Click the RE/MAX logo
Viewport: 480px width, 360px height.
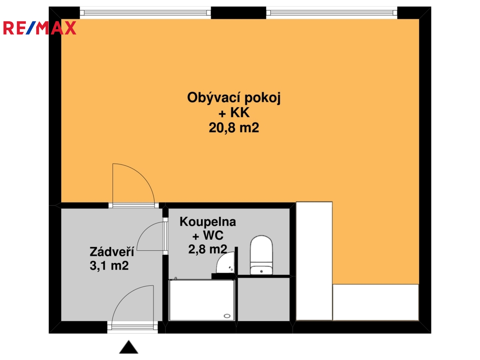[x=40, y=28]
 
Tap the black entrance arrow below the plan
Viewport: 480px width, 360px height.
[x=129, y=347]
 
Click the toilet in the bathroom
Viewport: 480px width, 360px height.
[x=261, y=255]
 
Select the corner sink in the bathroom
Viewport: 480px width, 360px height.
[x=226, y=263]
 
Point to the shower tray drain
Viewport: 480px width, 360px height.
[x=227, y=316]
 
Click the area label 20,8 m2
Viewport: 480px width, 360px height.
[x=234, y=128]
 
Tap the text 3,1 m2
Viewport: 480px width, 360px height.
[x=109, y=266]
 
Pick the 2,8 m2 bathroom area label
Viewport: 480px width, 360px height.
[x=208, y=249]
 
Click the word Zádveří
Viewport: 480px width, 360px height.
[x=112, y=251]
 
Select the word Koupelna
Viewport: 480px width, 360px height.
[x=208, y=222]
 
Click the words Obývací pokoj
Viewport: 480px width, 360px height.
[x=234, y=97]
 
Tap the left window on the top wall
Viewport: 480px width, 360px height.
[x=145, y=13]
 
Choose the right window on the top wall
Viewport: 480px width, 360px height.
[x=332, y=13]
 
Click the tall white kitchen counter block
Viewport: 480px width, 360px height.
[x=314, y=261]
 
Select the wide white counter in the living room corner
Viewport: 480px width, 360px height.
[x=375, y=302]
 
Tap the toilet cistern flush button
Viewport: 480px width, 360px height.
[x=261, y=271]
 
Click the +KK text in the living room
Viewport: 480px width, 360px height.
[x=234, y=113]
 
